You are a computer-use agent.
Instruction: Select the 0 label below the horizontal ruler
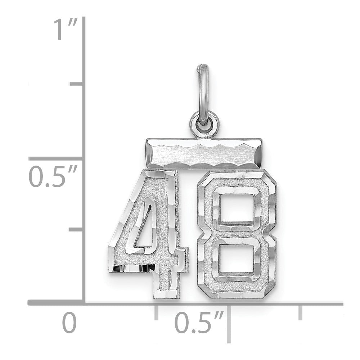69,323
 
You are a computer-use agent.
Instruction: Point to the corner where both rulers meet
85,304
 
